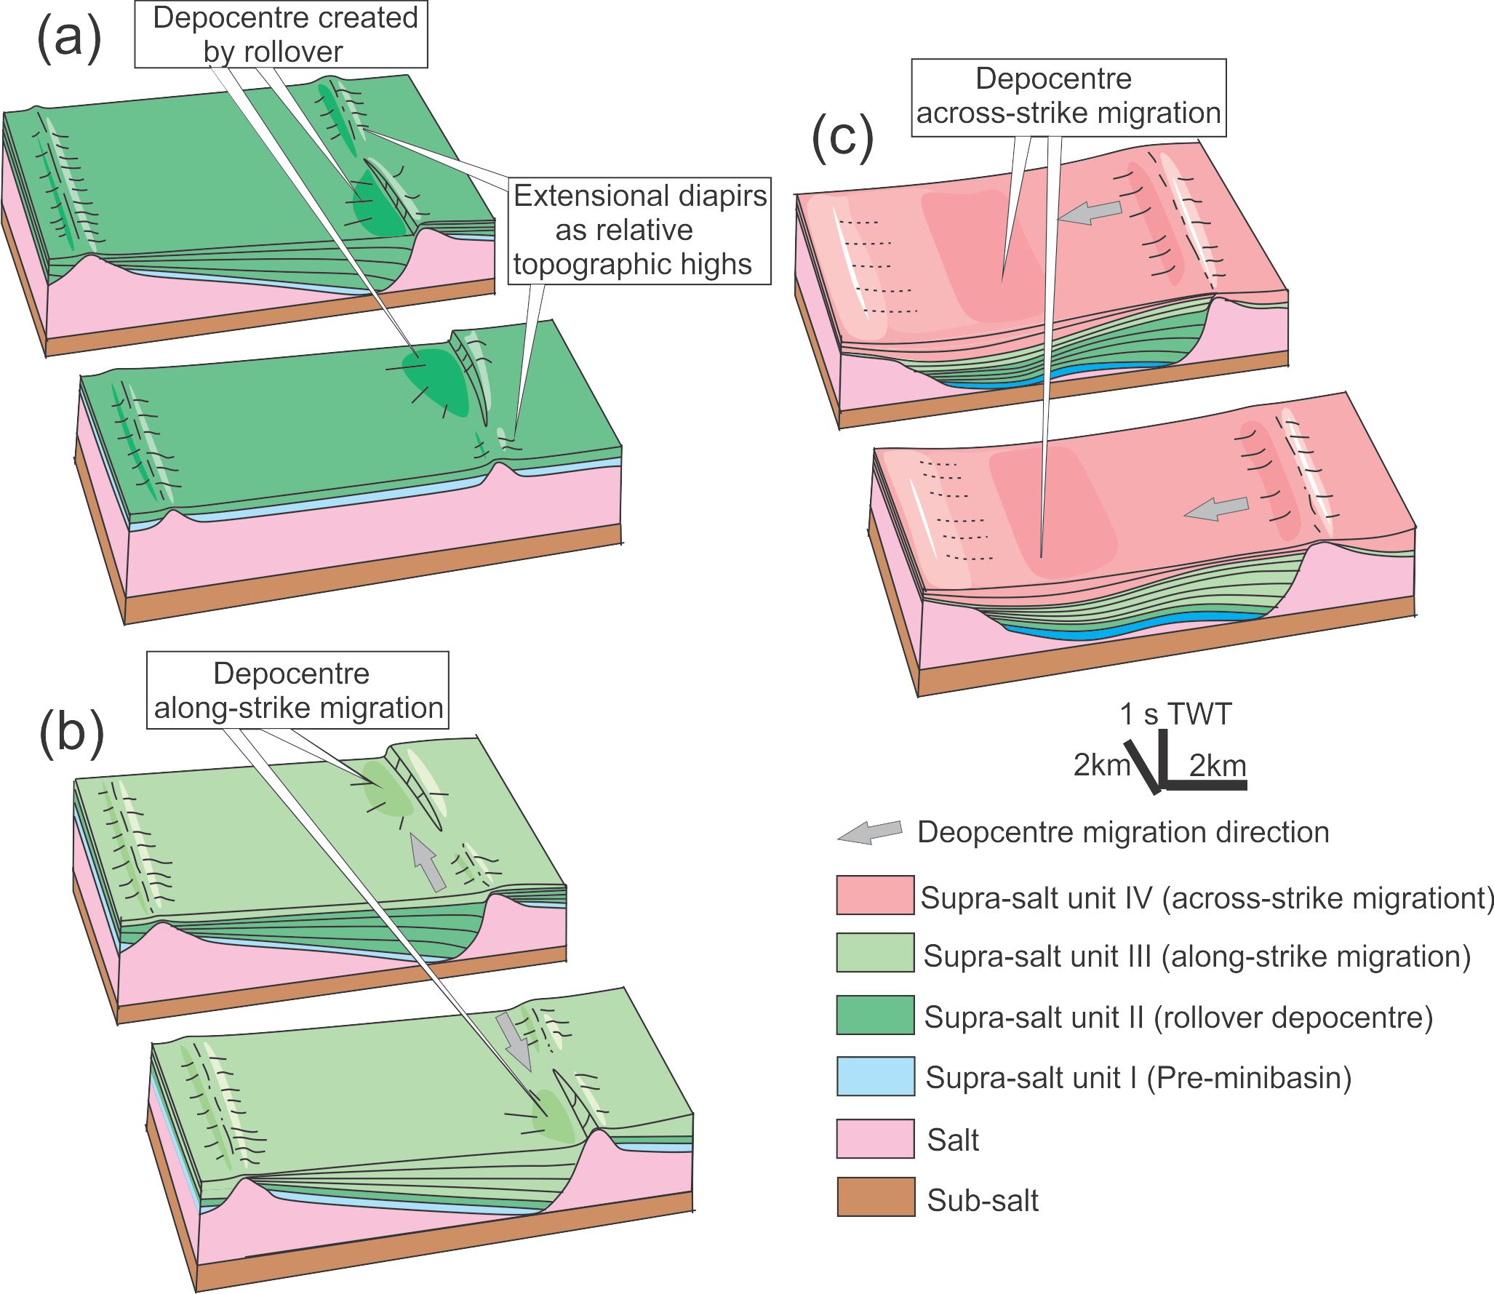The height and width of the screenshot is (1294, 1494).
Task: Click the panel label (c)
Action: pyautogui.click(x=842, y=137)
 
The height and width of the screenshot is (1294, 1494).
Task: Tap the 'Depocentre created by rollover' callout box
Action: pyautogui.click(x=281, y=34)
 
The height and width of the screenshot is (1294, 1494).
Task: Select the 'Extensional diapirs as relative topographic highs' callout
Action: pyautogui.click(x=639, y=230)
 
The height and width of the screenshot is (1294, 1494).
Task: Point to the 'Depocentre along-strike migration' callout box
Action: pyautogui.click(x=297, y=690)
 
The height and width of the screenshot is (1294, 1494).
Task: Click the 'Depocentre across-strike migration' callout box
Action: pyautogui.click(x=1068, y=97)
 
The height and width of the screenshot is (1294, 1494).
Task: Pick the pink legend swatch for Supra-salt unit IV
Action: pyautogui.click(x=875, y=895)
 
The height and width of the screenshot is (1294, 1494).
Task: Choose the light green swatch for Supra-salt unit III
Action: pyautogui.click(x=875, y=953)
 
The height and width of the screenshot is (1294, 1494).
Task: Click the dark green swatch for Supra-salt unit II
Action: pyautogui.click(x=875, y=1015)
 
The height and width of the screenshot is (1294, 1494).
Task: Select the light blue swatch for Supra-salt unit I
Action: pyautogui.click(x=875, y=1076)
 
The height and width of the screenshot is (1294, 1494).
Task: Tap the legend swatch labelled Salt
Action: pyautogui.click(x=875, y=1138)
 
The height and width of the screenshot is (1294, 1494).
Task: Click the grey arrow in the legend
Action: pyautogui.click(x=871, y=833)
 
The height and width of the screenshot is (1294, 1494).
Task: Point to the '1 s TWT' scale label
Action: pyautogui.click(x=1175, y=714)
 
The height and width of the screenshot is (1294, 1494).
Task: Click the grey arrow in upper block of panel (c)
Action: pyautogui.click(x=1089, y=212)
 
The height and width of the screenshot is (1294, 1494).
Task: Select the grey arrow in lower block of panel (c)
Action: pyautogui.click(x=1216, y=508)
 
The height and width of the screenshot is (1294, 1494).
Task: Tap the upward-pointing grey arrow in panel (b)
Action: pyautogui.click(x=428, y=863)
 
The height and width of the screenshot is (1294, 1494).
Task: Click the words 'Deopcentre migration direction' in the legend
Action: pyautogui.click(x=1123, y=832)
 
